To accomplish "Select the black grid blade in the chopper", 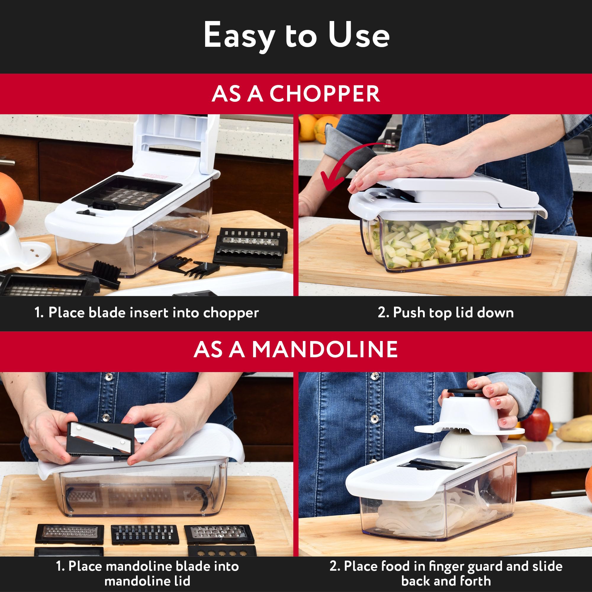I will tap(127, 192).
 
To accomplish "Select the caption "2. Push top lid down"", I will tap(445, 313).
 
